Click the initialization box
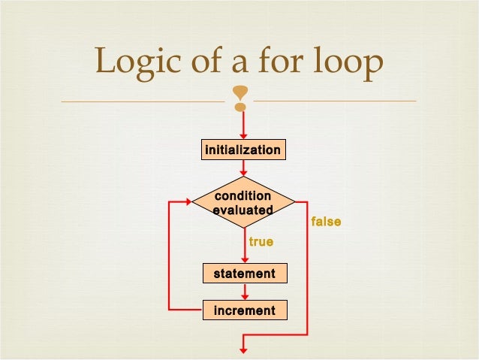click(243, 150)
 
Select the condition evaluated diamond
click(243, 203)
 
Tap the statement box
click(244, 274)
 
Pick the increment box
click(244, 310)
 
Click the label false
click(326, 222)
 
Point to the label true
click(261, 243)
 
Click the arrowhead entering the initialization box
click(243, 136)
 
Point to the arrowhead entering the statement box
click(243, 259)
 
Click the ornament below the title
click(240, 98)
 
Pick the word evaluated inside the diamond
click(243, 210)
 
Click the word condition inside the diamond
click(243, 197)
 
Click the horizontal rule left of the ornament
click(143, 101)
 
